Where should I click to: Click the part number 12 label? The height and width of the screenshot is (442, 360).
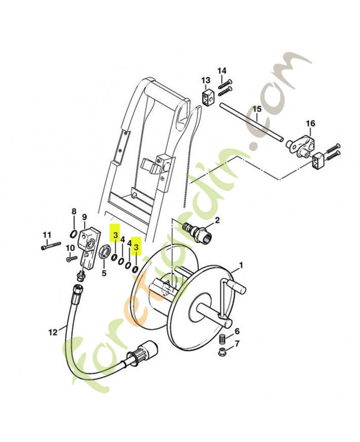(x=52, y=332)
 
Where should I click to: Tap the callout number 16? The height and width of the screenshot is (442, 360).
(x=311, y=123)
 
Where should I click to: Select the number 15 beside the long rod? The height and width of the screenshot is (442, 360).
(x=257, y=109)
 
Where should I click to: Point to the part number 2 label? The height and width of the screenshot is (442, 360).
(x=217, y=220)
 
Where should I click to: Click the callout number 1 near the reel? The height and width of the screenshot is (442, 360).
(x=241, y=265)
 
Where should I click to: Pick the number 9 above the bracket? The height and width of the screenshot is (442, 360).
(x=84, y=217)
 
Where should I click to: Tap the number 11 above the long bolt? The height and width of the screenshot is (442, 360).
(x=47, y=234)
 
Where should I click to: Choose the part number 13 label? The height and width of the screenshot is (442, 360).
(x=205, y=81)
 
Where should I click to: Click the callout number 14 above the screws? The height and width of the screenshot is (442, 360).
(x=222, y=70)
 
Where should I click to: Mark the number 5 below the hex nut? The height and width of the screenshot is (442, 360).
(x=104, y=273)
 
